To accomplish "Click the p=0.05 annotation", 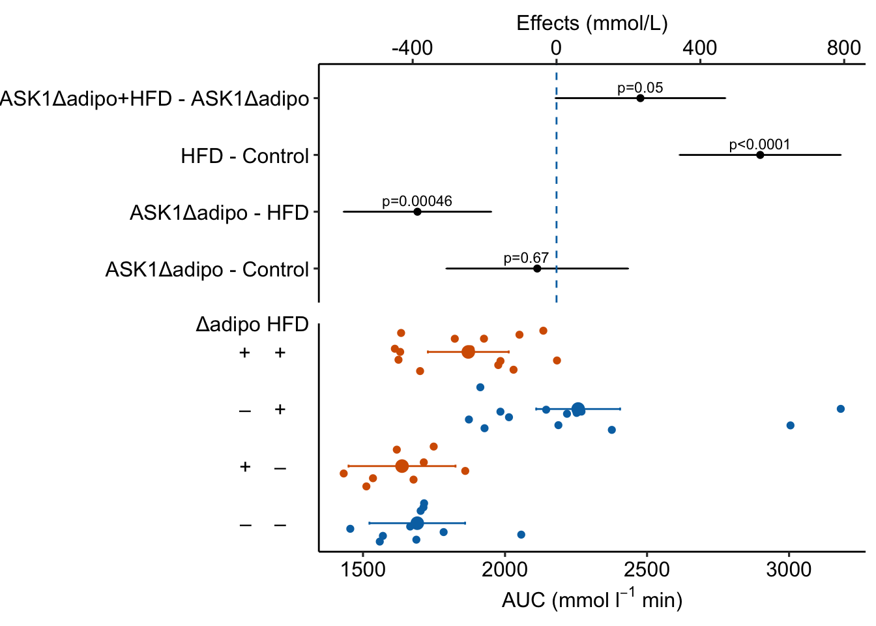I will click(x=640, y=88).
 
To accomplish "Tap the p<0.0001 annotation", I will click(x=759, y=145).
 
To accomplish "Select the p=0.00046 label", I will click(x=417, y=201).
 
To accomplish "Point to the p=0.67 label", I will click(x=526, y=258).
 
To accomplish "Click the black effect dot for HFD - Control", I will click(x=760, y=155).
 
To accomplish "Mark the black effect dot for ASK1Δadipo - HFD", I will click(x=417, y=212).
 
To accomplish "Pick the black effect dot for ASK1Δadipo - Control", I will click(x=537, y=269).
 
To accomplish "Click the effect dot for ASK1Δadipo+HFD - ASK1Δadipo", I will click(x=640, y=98).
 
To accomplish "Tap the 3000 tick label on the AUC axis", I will click(x=789, y=571).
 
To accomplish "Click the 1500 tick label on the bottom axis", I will click(x=362, y=571).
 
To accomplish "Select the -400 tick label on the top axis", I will click(x=412, y=48).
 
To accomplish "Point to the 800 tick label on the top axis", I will click(x=843, y=48).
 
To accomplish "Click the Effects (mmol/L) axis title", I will click(x=592, y=23).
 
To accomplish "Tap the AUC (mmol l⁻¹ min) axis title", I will click(x=592, y=599).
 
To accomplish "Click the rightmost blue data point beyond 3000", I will click(x=840, y=409).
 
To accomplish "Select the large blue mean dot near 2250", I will click(x=577, y=410).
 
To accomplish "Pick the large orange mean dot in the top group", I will click(x=468, y=352).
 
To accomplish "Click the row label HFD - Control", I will click(x=244, y=156).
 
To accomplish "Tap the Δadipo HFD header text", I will click(x=252, y=324).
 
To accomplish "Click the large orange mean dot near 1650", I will click(x=402, y=466).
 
